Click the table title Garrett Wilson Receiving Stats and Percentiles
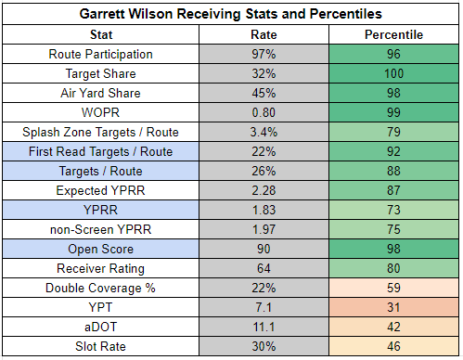click(x=231, y=14)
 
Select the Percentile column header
click(x=393, y=34)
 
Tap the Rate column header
click(x=264, y=34)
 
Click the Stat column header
click(x=101, y=34)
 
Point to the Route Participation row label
click(x=100, y=54)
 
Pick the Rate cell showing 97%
click(x=264, y=54)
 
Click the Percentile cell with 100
click(x=393, y=73)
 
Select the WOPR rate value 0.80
click(x=264, y=112)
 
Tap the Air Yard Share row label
click(x=100, y=93)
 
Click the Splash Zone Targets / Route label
click(x=100, y=132)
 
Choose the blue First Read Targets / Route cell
click(x=101, y=151)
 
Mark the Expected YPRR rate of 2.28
click(x=264, y=190)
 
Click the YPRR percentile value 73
click(x=393, y=210)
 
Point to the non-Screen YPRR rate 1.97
click(x=264, y=229)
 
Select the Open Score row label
click(x=100, y=249)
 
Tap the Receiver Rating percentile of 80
click(x=393, y=268)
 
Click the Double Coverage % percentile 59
click(x=393, y=288)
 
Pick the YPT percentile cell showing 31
click(x=393, y=307)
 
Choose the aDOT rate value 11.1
click(x=264, y=327)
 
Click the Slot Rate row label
click(x=100, y=346)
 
